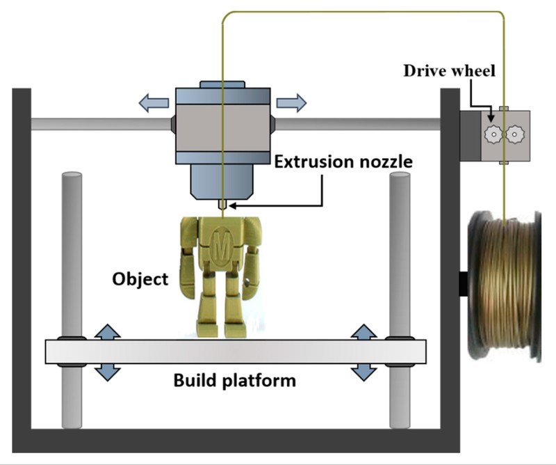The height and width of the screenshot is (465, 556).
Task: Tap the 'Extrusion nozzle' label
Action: pyautogui.click(x=343, y=162)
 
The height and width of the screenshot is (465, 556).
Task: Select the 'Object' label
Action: pyautogui.click(x=140, y=279)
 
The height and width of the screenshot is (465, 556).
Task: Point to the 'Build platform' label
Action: pyautogui.click(x=234, y=381)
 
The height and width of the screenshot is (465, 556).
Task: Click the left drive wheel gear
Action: pyautogui.click(x=493, y=132)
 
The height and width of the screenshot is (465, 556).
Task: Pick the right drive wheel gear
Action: pyautogui.click(x=515, y=132)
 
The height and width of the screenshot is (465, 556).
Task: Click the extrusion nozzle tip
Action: pyautogui.click(x=222, y=204)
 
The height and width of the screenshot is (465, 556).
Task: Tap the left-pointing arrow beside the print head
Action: pyautogui.click(x=153, y=104)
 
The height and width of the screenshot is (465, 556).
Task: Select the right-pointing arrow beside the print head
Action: pyautogui.click(x=291, y=104)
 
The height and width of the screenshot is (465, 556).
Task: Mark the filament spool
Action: pyautogui.click(x=504, y=285)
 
